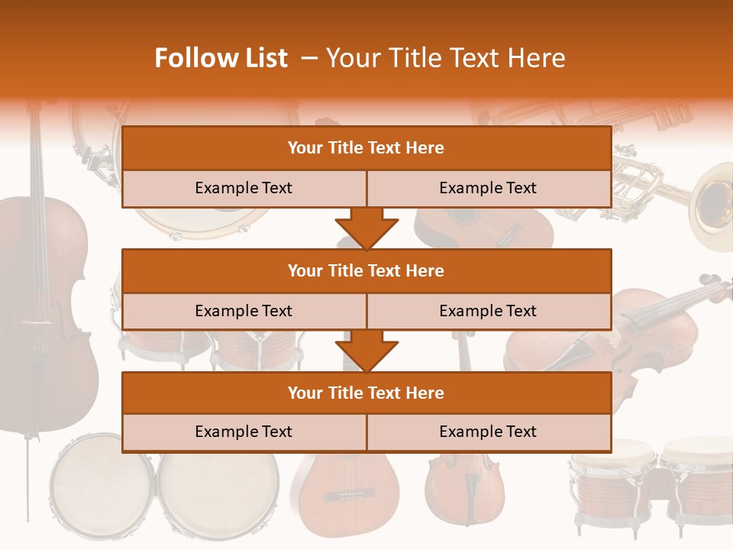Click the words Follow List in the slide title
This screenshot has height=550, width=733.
221,58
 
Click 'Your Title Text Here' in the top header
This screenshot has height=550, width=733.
445,58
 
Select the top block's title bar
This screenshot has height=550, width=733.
366,148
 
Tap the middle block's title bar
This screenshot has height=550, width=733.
366,270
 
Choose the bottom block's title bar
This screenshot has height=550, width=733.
366,393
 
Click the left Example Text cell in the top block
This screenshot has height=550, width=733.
244,188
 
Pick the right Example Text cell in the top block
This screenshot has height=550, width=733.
488,188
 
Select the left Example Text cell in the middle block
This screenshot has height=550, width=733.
244,311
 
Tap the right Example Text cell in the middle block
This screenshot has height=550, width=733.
488,311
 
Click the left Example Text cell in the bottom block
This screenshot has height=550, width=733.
244,432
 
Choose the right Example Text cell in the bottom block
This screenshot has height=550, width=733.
488,432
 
